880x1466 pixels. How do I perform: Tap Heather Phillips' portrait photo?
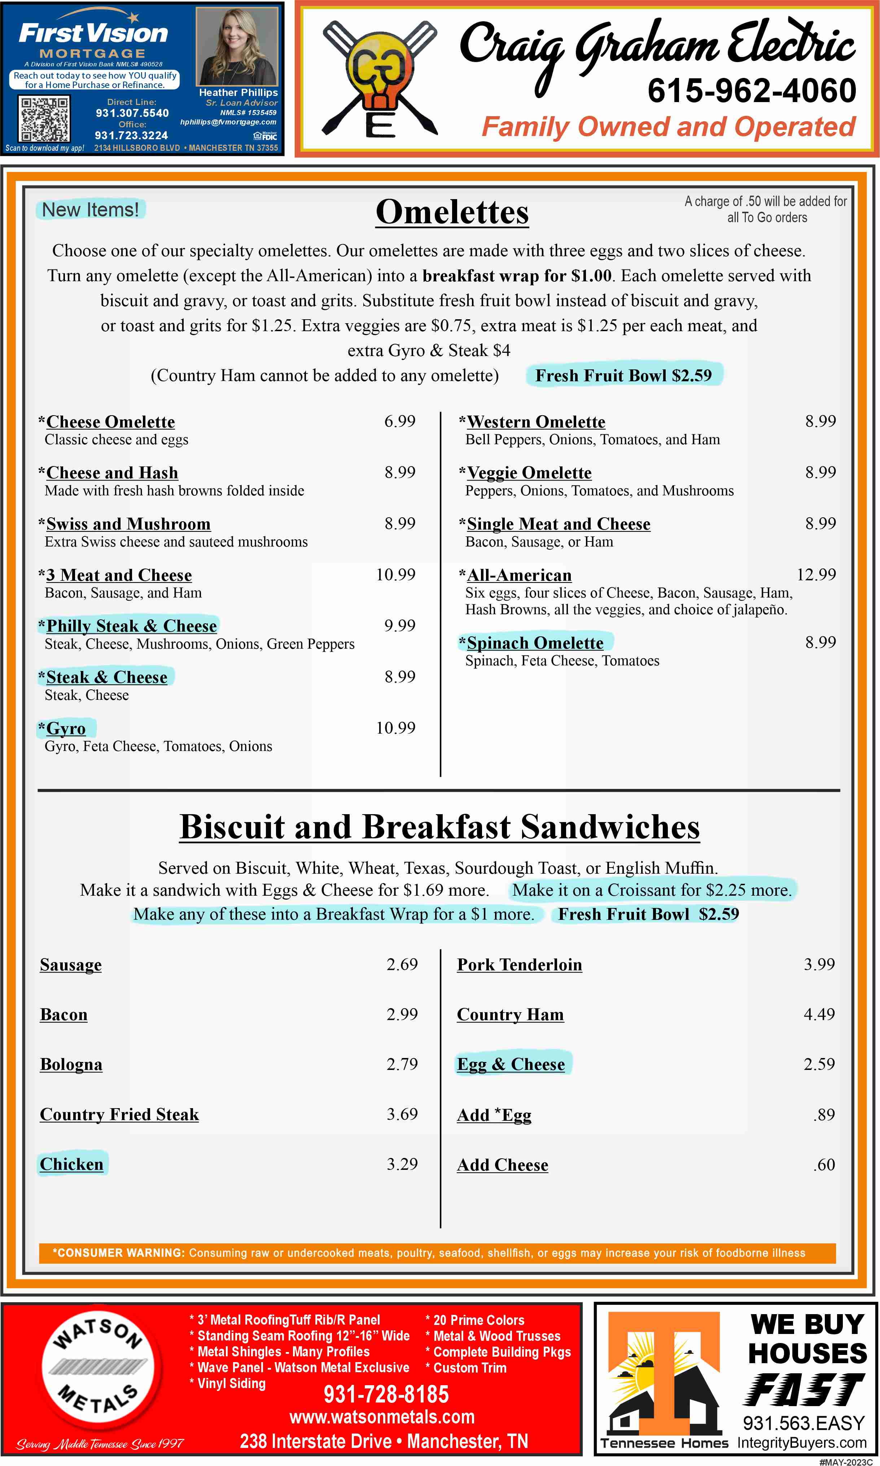coord(237,47)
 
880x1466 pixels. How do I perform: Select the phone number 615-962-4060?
coord(751,91)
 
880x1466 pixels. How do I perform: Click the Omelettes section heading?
coord(452,212)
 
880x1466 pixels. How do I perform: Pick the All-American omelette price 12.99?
coord(816,574)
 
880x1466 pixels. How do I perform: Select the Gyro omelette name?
coord(66,729)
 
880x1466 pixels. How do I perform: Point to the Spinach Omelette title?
coord(535,642)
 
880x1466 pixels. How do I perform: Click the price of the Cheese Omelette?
coord(400,421)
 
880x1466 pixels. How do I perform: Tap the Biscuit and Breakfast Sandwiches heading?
coord(439,826)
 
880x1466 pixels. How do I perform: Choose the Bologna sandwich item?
coord(71,1064)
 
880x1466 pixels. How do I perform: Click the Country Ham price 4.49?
coord(819,1014)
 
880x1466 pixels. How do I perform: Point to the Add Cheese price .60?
coord(824,1164)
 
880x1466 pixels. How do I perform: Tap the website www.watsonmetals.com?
coord(382,1417)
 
